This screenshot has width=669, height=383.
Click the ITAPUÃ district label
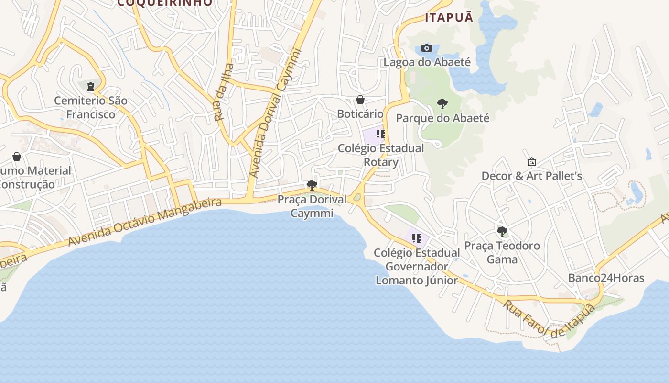449,18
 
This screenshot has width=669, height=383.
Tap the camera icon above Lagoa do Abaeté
427,48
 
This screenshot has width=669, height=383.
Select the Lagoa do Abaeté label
427,62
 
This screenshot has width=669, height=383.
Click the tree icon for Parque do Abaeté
442,103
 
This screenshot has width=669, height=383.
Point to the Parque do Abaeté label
442,118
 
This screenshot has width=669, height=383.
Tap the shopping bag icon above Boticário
360,100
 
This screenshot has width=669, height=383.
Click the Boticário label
360,114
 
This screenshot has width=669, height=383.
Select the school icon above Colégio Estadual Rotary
380,134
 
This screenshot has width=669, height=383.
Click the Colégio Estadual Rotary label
381,155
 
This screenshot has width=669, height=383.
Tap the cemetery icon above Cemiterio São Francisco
91,87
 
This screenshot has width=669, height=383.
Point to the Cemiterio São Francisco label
91,107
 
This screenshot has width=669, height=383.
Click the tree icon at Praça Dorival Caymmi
312,185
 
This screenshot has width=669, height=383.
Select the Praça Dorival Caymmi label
312,206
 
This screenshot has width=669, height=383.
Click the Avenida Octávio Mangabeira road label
145,222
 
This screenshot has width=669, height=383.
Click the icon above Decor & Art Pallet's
531,162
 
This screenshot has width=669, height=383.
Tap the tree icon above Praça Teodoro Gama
502,232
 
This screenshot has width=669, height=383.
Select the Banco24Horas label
606,278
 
